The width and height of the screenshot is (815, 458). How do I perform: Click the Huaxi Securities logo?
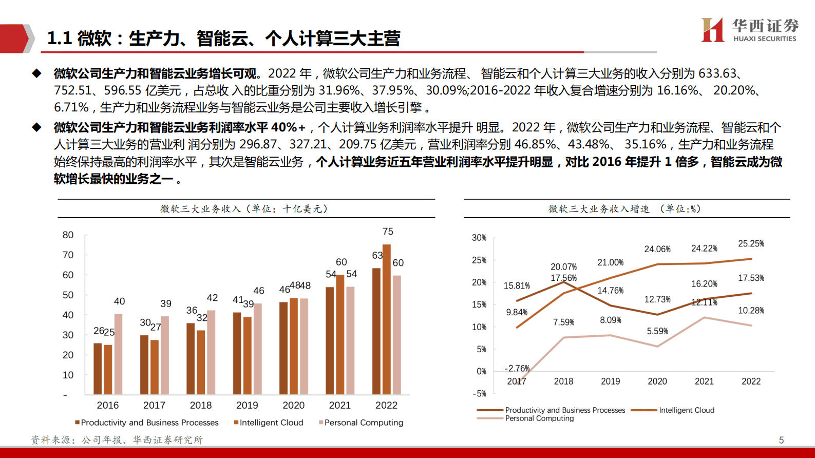coord(749,30)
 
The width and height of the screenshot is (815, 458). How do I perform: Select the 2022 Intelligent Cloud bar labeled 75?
coord(387,319)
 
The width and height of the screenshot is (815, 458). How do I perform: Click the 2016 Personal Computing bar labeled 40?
coord(118,354)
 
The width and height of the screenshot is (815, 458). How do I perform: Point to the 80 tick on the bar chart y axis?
coord(68,235)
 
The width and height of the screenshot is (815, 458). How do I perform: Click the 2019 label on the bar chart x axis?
coord(247,405)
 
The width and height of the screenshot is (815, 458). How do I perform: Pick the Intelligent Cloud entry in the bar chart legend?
coord(269,423)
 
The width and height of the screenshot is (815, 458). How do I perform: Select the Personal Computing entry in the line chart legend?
coord(539,418)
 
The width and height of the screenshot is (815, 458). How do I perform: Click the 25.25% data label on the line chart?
coord(751,243)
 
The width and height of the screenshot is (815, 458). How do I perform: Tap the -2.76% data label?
coord(517,368)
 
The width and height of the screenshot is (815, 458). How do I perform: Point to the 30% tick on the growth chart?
coord(479,238)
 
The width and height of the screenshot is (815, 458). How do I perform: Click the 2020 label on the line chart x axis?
coord(657,381)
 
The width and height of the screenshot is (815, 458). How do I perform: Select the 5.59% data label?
coord(657,331)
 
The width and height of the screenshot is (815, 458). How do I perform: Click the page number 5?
coord(781,440)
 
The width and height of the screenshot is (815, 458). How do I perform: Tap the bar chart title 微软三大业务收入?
coord(244,209)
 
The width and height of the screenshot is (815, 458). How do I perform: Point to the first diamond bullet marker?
coord(36,73)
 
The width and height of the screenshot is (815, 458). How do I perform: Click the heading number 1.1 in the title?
coord(59,38)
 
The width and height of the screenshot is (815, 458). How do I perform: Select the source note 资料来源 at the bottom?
coord(117,440)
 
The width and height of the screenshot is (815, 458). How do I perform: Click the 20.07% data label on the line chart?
coord(563,267)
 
